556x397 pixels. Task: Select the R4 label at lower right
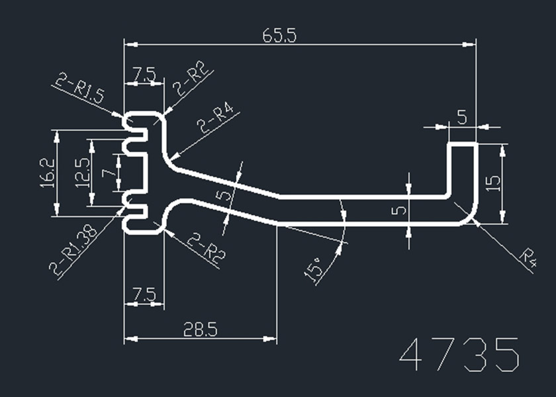coord(526,258)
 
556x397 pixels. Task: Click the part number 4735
coord(461,355)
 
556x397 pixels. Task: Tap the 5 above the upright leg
coord(462,118)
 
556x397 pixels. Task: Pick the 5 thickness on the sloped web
coord(224,196)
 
